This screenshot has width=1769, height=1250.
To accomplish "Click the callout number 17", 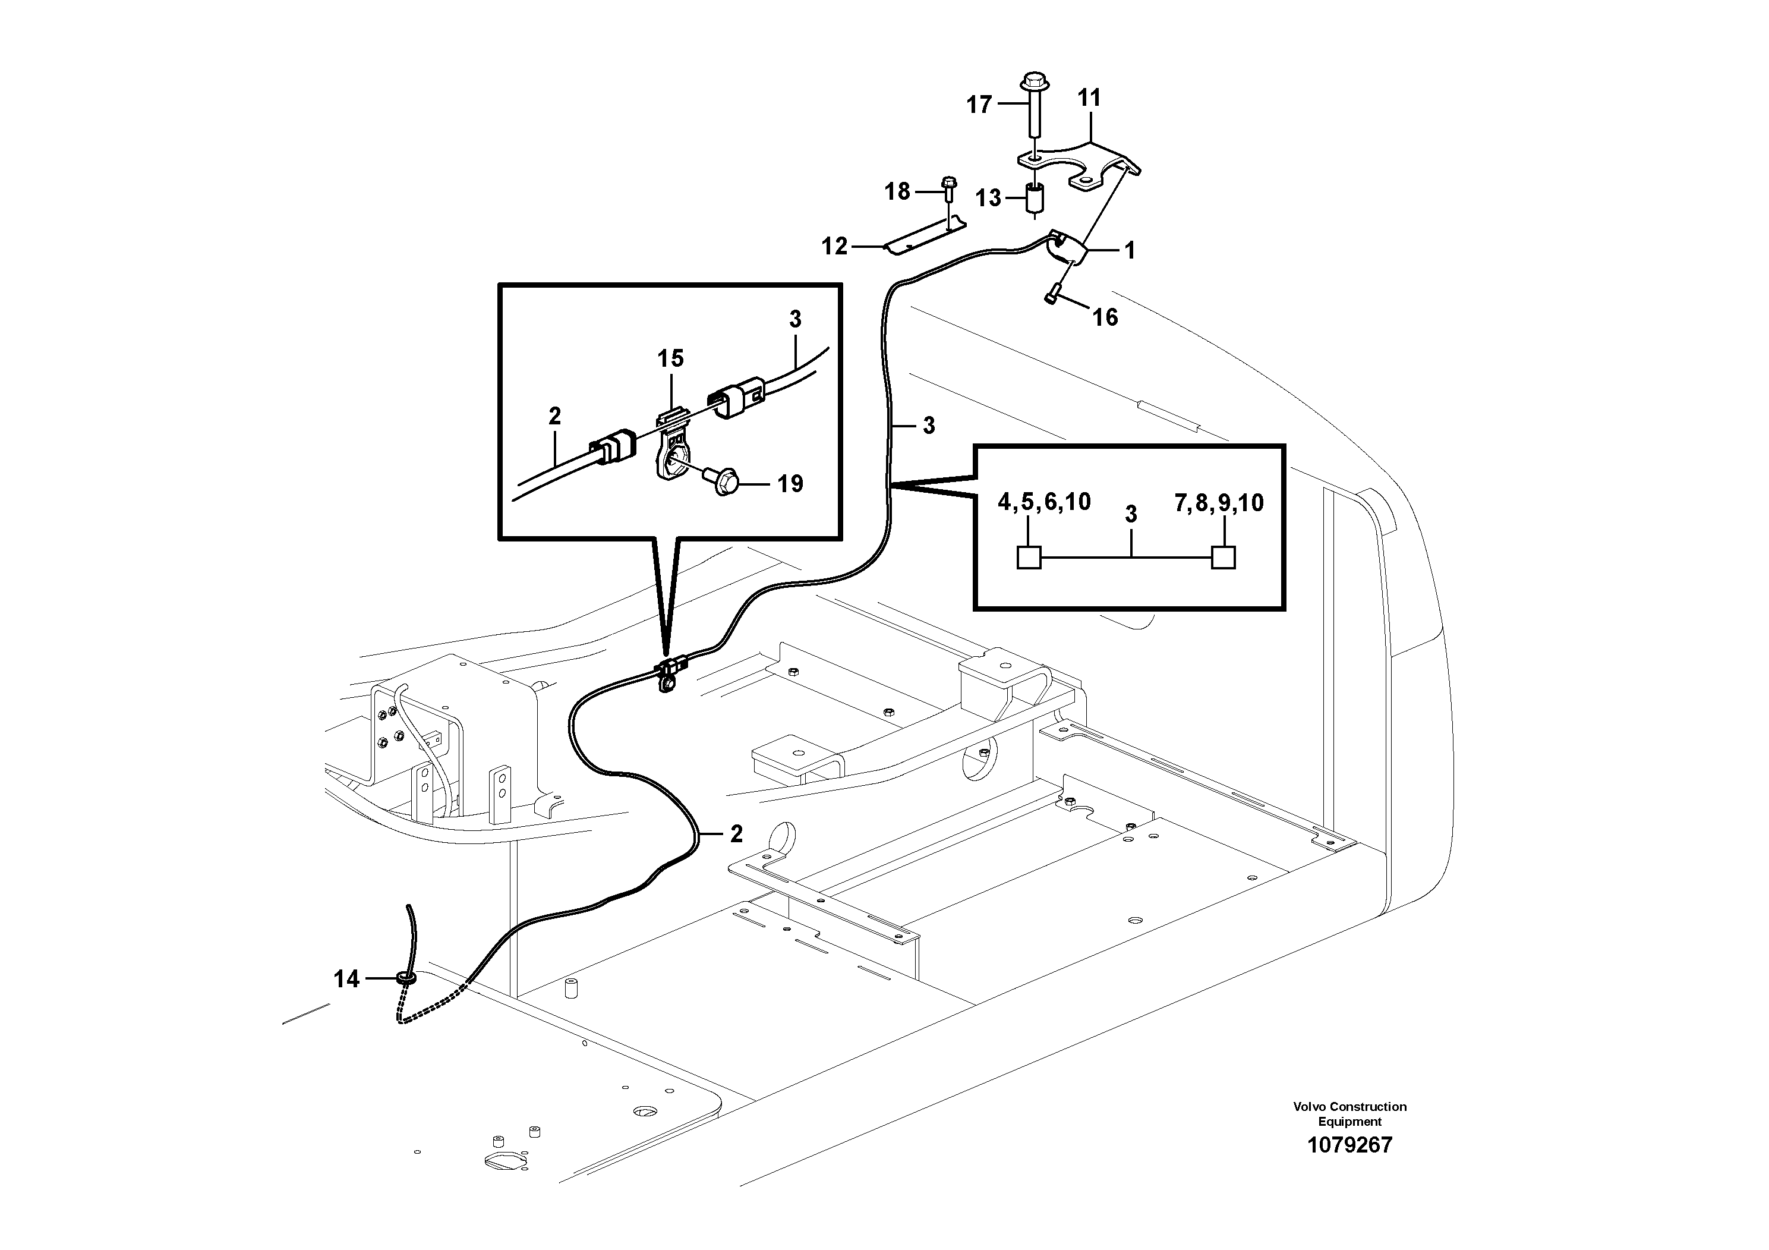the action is tap(979, 104).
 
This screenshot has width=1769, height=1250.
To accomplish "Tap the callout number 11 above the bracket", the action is tap(1089, 98).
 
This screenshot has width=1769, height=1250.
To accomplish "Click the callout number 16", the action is tap(1105, 317).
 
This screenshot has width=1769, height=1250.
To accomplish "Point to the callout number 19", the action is tap(790, 484).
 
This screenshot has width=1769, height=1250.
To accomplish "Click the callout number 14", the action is tap(346, 979).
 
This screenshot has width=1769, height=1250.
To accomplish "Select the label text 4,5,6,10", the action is tap(1044, 502).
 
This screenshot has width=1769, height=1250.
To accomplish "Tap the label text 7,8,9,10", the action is tap(1219, 503).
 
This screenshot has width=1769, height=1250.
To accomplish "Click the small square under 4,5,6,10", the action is tap(1029, 557).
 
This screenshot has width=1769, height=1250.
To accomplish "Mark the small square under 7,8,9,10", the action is tap(1224, 557).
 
